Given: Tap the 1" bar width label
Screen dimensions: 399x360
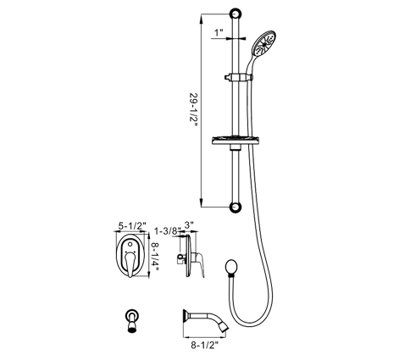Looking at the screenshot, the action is click(219, 33).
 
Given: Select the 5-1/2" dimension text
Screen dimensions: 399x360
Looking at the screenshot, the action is click(132, 226).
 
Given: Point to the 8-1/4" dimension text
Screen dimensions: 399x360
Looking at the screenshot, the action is click(155, 257).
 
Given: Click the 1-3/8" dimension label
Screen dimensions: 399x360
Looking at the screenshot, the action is click(165, 231).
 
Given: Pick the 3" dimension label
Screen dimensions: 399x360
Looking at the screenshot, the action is click(189, 225).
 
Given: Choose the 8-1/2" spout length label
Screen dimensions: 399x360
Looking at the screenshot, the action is click(205, 345).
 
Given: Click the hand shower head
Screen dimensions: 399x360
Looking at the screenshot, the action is click(264, 44).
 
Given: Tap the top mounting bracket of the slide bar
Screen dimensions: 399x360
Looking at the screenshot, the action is click(236, 14).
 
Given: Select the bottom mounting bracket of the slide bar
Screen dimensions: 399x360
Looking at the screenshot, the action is click(236, 207).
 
